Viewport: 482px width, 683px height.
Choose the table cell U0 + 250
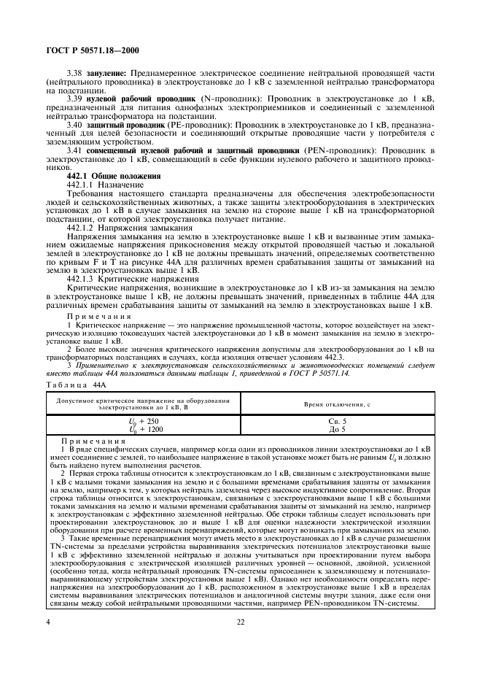pyautogui.click(x=143, y=422)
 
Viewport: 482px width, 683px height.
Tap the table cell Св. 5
pyautogui.click(x=338, y=422)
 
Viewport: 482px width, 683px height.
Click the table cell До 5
pyautogui.click(x=338, y=430)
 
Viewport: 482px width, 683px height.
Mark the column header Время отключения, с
pyautogui.click(x=338, y=404)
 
